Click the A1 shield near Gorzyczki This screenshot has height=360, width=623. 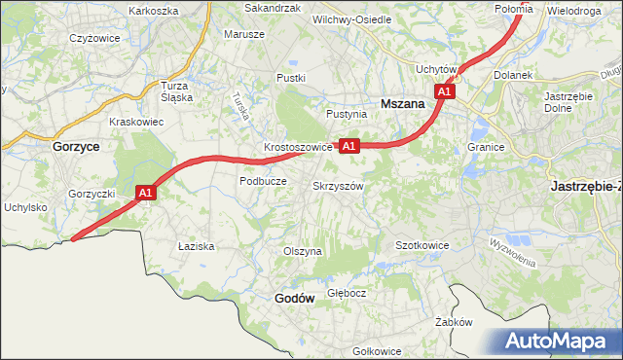click(x=145, y=194)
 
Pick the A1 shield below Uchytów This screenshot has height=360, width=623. click(x=445, y=91)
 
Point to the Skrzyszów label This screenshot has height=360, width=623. click(x=338, y=185)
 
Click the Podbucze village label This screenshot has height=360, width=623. click(x=262, y=181)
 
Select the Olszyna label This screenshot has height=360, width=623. click(x=302, y=251)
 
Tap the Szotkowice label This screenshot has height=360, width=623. click(x=421, y=245)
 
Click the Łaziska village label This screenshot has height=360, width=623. click(x=196, y=247)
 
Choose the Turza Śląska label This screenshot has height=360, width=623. click(x=180, y=90)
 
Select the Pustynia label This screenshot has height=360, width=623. click(x=347, y=114)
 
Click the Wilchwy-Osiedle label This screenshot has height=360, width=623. click(x=351, y=19)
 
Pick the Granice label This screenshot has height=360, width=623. click(x=484, y=147)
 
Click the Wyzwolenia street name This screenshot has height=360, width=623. click(x=513, y=256)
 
